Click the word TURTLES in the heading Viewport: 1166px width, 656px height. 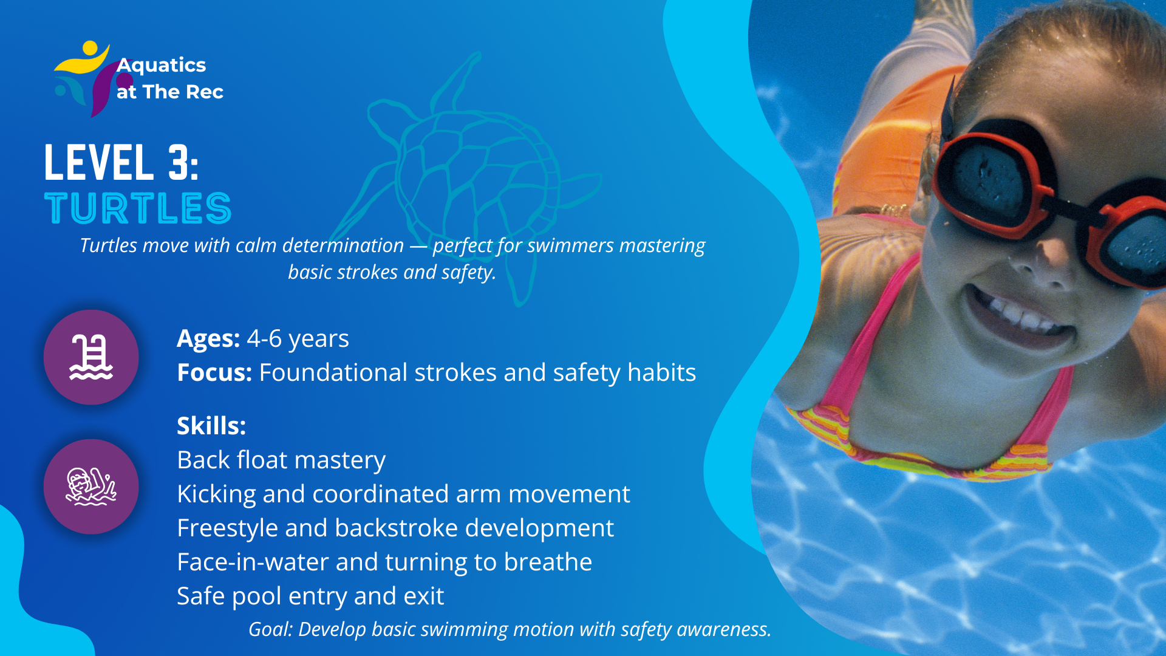click(x=138, y=208)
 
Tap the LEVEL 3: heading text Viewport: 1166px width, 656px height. click(x=121, y=162)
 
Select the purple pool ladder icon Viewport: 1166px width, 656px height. click(x=91, y=357)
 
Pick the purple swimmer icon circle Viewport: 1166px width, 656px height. click(x=91, y=487)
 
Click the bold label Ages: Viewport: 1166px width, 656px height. click(x=208, y=339)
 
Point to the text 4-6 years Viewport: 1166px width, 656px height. click(x=298, y=339)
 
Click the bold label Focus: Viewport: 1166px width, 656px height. click(x=214, y=372)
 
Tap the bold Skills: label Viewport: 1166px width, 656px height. click(x=211, y=426)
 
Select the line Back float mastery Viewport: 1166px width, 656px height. click(x=281, y=460)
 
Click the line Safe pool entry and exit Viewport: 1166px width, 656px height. click(x=310, y=596)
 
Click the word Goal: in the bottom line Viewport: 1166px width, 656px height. click(x=270, y=629)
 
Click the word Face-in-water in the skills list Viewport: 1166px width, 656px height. click(x=253, y=562)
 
